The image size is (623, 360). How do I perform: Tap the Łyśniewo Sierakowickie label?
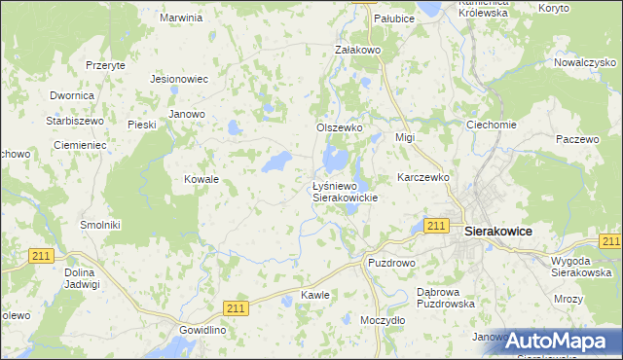coord(344,191)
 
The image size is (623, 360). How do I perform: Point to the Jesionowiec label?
coord(180,79)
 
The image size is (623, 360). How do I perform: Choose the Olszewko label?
coord(340,127)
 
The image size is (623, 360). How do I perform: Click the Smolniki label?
coord(100,225)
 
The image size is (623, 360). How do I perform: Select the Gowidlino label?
coord(202,330)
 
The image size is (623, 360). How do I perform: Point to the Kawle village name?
coord(315,295)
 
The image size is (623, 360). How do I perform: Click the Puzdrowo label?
coord(391,263)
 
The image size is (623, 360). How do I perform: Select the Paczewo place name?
coord(578,139)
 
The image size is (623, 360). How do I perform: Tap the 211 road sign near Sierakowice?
coord(436,226)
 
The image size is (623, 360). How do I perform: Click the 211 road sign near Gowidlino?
coord(238,307)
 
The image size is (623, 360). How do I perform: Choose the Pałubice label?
coord(395,18)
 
